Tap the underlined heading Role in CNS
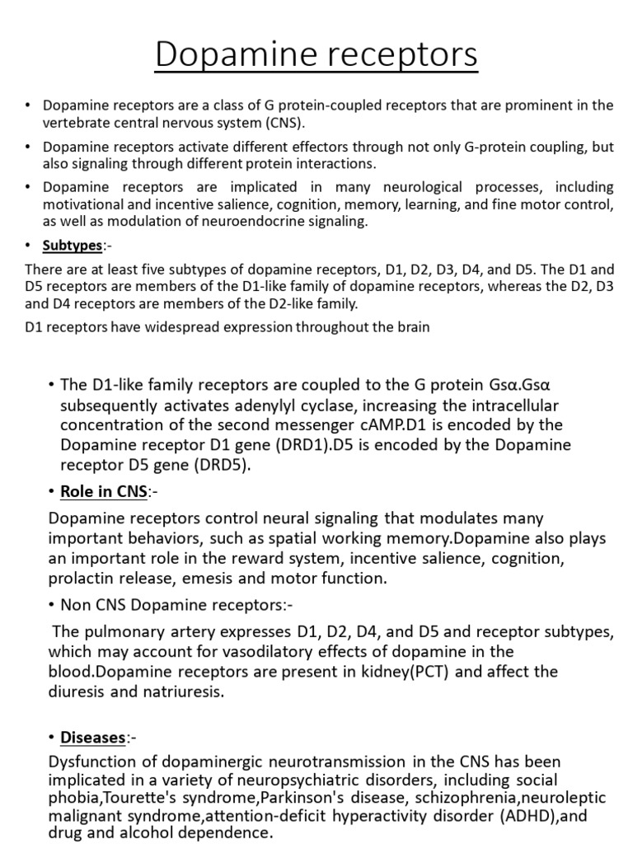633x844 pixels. point(103,492)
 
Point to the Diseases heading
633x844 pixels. point(93,738)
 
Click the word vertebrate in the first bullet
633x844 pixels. point(77,123)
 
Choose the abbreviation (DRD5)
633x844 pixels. point(219,465)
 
